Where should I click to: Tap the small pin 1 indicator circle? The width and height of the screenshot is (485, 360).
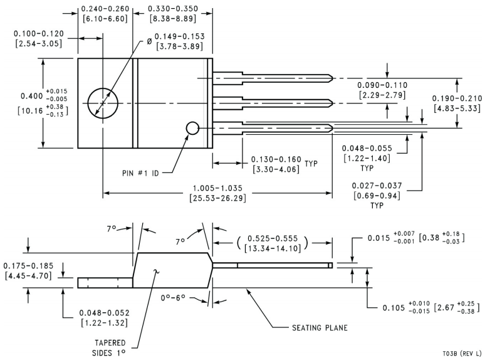click(x=192, y=128)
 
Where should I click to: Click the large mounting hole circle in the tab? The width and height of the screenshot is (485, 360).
click(x=103, y=102)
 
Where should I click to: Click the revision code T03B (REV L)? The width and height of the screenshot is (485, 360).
click(x=459, y=353)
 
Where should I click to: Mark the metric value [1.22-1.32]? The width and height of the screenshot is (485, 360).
click(x=103, y=323)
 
